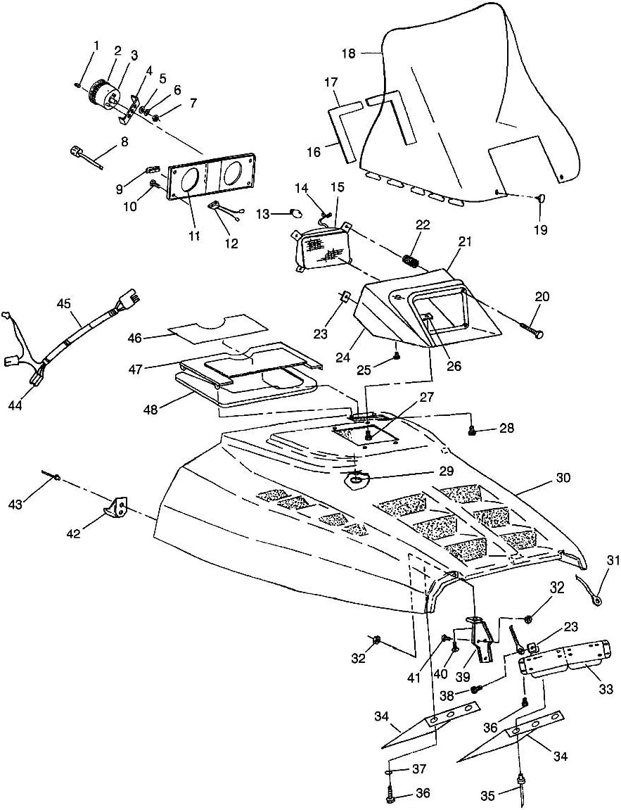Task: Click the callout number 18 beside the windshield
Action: tap(349, 53)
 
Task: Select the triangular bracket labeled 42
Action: tap(117, 507)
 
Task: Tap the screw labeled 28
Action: tap(473, 428)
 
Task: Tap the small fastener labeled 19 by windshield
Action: tap(540, 199)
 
